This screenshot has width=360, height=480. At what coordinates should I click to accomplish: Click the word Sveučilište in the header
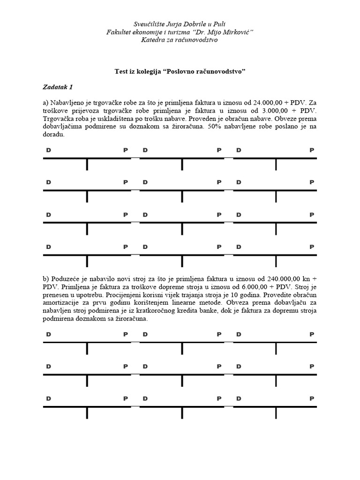pyautogui.click(x=149, y=24)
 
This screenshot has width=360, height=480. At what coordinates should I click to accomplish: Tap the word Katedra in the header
pyautogui.click(x=153, y=40)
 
